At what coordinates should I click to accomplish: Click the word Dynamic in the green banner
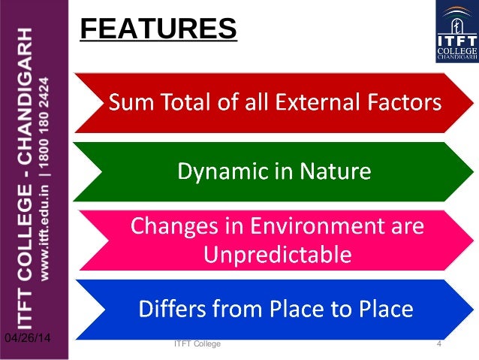pyautogui.click(x=215, y=173)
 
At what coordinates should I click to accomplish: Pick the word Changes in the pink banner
pyautogui.click(x=166, y=225)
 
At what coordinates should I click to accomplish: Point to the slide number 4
pyautogui.click(x=438, y=343)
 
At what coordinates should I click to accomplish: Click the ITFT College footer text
pyautogui.click(x=197, y=343)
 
